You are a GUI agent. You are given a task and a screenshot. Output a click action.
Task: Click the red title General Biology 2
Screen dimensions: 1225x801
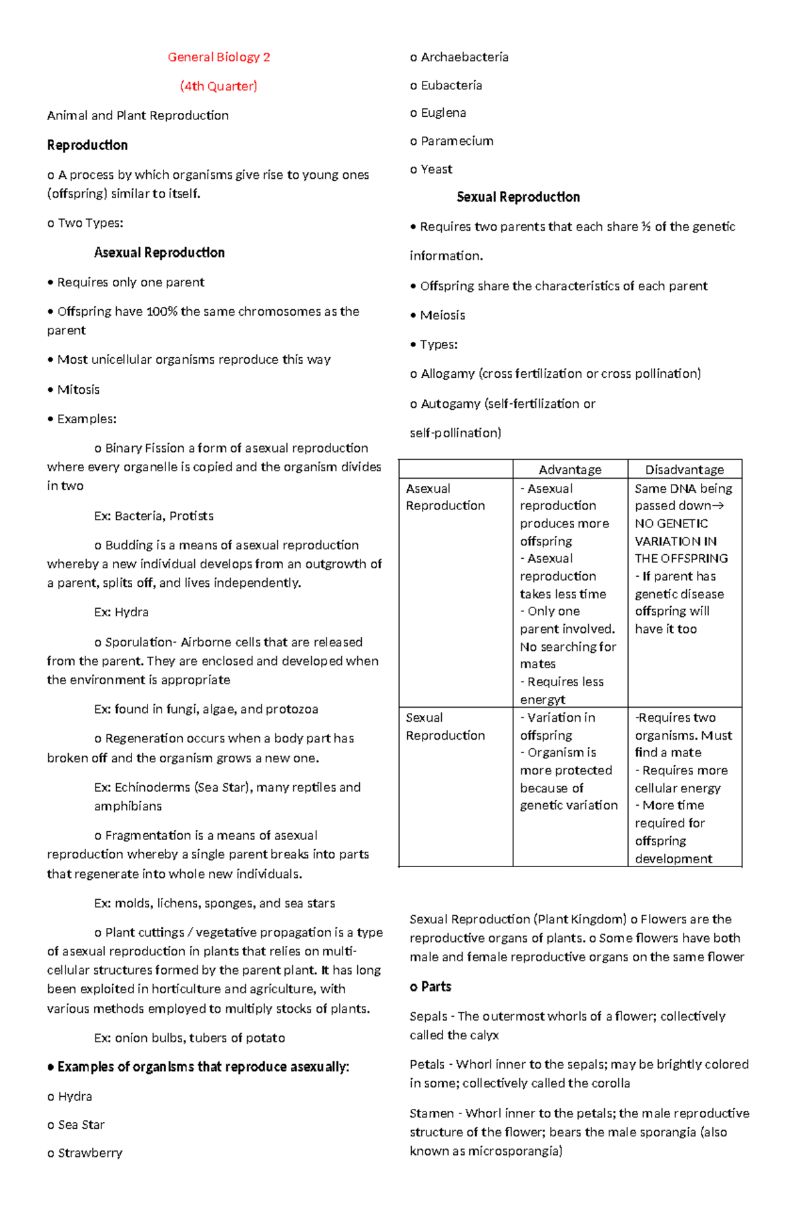click(x=218, y=57)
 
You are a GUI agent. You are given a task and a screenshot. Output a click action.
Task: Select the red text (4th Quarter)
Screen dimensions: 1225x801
click(x=218, y=86)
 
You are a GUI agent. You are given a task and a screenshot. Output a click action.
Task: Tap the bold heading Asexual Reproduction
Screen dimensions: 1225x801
click(x=159, y=252)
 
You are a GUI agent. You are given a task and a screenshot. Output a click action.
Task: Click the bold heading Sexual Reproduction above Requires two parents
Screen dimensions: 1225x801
click(x=518, y=197)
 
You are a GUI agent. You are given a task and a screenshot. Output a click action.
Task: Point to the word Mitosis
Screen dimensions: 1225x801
click(x=78, y=389)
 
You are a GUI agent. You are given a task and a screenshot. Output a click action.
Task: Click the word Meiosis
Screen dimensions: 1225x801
click(x=442, y=315)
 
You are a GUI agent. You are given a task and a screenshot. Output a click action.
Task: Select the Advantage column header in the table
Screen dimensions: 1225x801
click(x=569, y=469)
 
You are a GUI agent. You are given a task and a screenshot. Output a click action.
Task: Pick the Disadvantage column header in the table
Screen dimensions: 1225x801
click(x=684, y=469)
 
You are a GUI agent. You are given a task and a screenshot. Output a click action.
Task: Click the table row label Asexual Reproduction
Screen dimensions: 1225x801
click(x=445, y=497)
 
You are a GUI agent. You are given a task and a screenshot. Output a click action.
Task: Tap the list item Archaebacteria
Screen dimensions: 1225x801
click(x=464, y=57)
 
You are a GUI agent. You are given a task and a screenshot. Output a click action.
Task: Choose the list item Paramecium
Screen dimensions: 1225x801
click(x=457, y=141)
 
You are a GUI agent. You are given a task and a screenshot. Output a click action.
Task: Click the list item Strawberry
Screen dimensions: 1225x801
click(x=89, y=1153)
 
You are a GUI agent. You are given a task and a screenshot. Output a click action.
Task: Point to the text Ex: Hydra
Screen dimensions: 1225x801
click(x=121, y=612)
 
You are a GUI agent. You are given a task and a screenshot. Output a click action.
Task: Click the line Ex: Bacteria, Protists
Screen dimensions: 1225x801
click(x=154, y=516)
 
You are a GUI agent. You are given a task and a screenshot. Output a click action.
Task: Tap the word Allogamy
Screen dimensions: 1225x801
click(x=447, y=374)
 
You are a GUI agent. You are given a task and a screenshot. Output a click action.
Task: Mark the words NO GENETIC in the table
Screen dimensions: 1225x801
click(x=671, y=523)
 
